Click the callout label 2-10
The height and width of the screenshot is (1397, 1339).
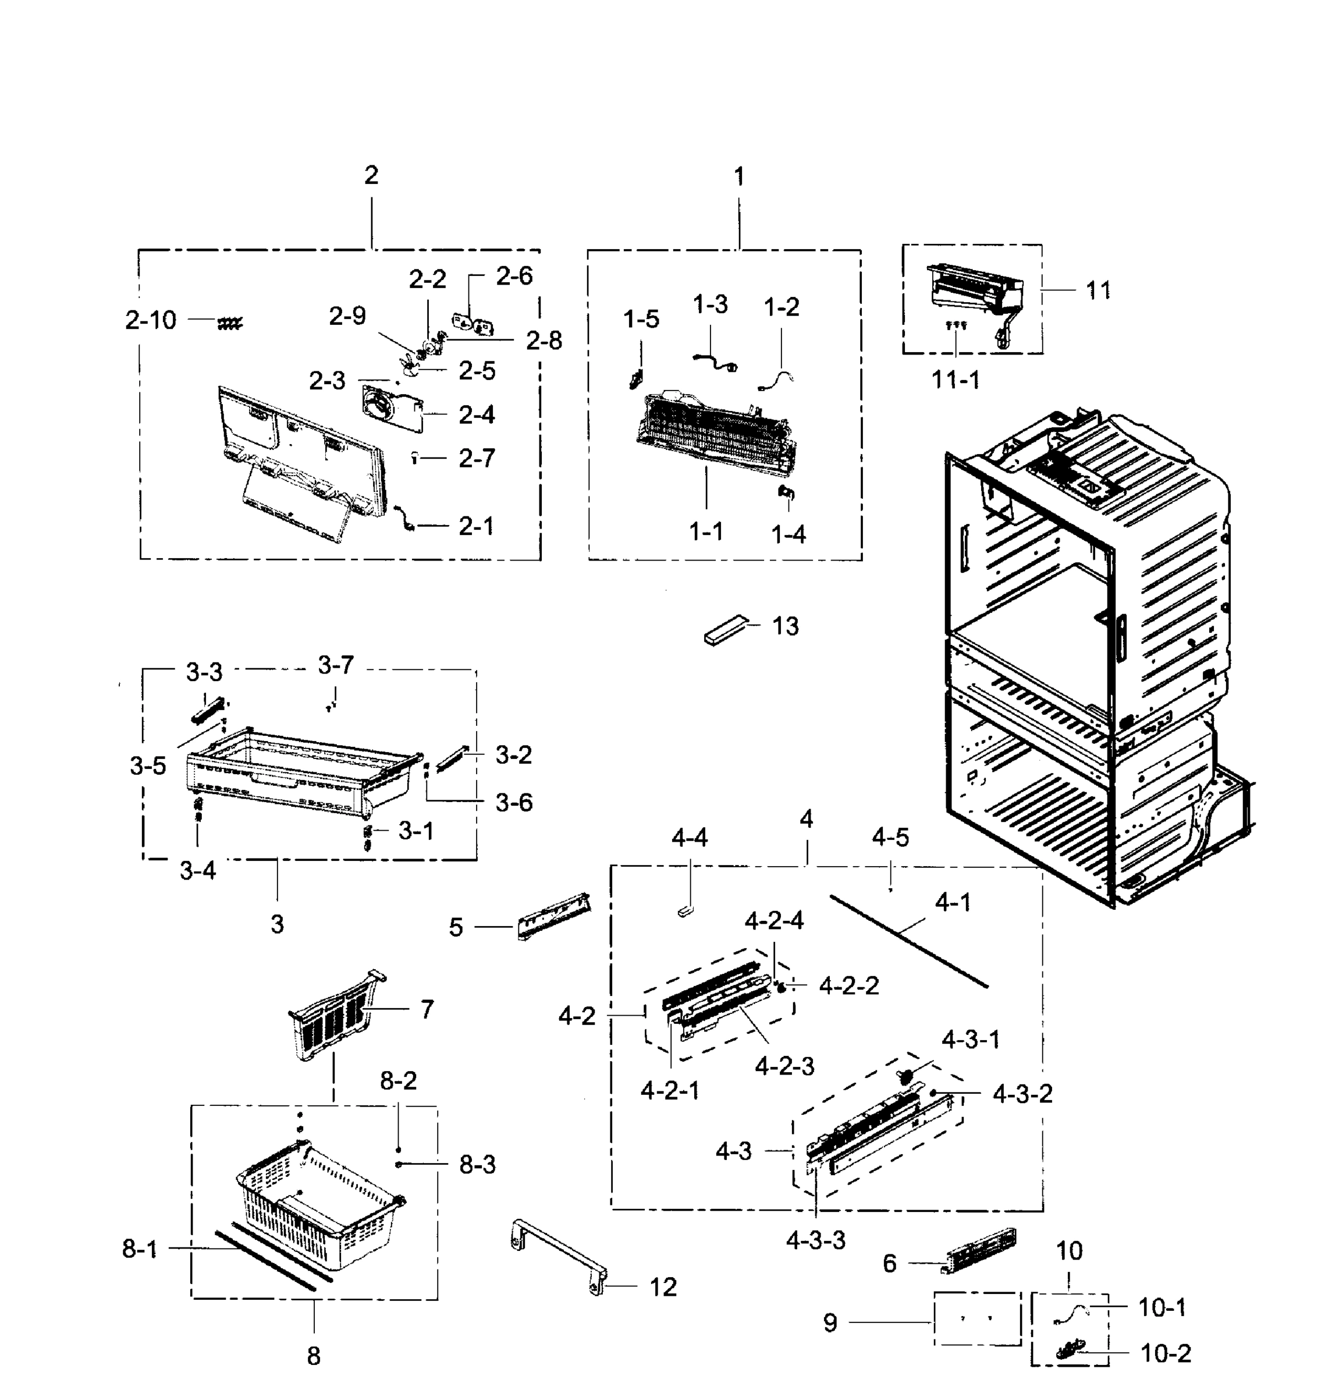click(150, 321)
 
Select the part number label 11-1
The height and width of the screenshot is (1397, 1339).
click(955, 381)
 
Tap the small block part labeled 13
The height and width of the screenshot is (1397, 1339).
click(727, 631)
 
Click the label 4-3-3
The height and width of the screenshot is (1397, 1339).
click(815, 1240)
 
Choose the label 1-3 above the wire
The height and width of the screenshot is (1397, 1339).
click(710, 305)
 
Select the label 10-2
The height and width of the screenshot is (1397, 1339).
click(1166, 1353)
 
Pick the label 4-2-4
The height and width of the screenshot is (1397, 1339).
click(774, 921)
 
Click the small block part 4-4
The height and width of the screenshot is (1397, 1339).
click(686, 912)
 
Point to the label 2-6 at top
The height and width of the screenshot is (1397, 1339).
click(514, 276)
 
